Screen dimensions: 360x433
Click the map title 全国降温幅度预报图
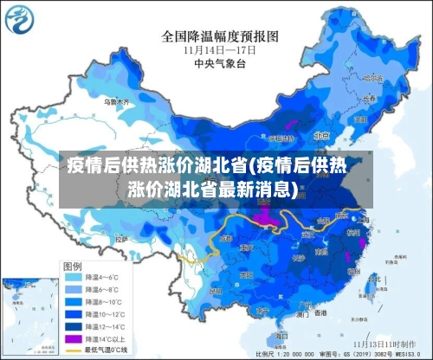(x=219, y=36)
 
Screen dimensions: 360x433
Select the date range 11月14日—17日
(x=219, y=49)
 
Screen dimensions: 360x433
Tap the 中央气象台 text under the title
(x=219, y=62)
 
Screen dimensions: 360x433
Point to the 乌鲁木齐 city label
(x=117, y=102)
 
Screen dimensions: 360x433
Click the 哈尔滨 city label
(x=374, y=78)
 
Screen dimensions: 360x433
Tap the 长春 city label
(x=370, y=98)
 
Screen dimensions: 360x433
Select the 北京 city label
(x=322, y=136)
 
